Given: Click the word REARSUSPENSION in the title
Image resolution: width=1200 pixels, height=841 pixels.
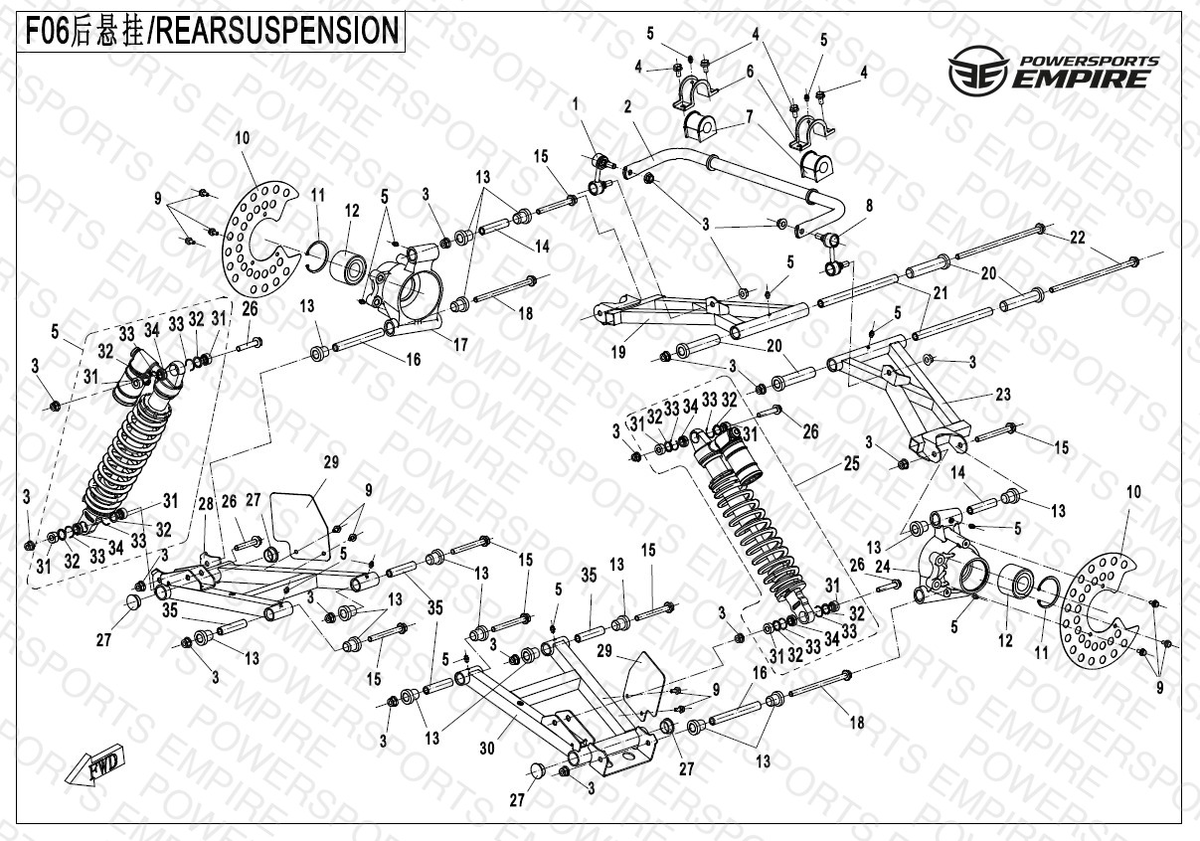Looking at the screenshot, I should pyautogui.click(x=274, y=31).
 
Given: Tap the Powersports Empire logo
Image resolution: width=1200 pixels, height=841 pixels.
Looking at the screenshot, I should pyautogui.click(x=1053, y=73).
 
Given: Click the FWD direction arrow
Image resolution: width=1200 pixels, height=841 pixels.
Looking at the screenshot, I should pyautogui.click(x=95, y=766).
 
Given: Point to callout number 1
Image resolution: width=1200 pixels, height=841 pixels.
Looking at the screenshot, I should pyautogui.click(x=575, y=103).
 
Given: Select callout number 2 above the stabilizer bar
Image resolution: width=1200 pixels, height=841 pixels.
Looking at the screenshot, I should pyautogui.click(x=628, y=107).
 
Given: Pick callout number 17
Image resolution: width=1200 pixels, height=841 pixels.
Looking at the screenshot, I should pyautogui.click(x=461, y=346).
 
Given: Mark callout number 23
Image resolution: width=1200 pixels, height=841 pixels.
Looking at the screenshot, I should pyautogui.click(x=1003, y=395).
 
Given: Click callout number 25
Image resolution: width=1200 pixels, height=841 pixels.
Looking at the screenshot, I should pyautogui.click(x=851, y=464).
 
